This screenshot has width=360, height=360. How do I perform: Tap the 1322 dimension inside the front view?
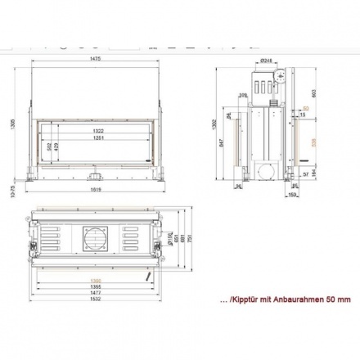tap(97, 131)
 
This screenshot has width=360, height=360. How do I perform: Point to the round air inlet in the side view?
tap(266, 171)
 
